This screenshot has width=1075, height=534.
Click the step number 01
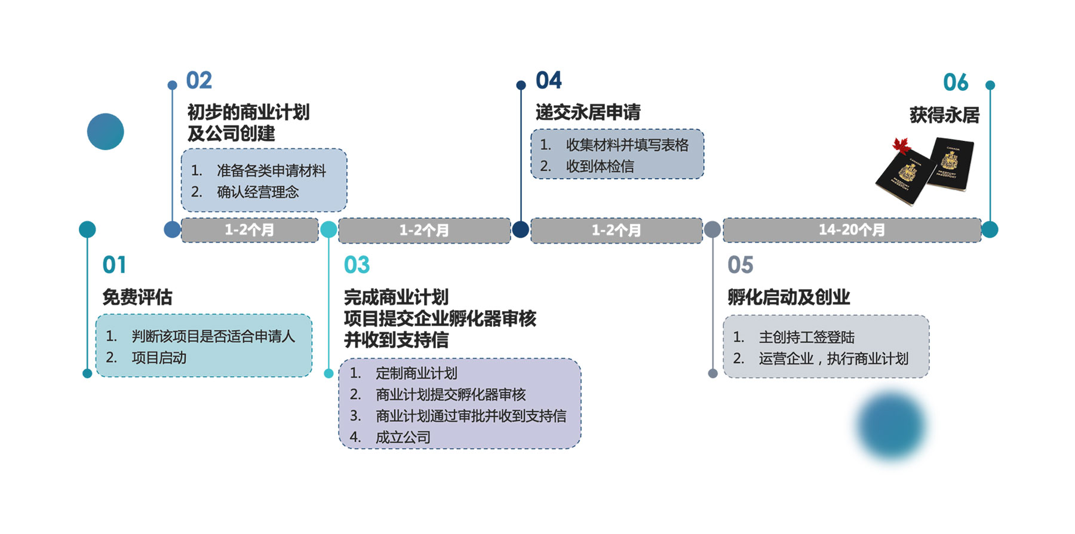114,265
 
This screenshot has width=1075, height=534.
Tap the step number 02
199,81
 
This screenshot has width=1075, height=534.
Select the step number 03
357,265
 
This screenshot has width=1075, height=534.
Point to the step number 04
548,81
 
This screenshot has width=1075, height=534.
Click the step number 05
740,265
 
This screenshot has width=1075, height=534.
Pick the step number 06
955,82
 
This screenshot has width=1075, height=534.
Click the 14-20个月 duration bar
852,230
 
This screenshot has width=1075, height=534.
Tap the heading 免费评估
137,297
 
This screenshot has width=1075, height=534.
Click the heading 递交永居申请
588,112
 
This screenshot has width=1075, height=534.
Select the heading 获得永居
944,115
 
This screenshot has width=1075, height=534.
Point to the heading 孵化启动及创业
788,297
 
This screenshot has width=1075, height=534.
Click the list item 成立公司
403,437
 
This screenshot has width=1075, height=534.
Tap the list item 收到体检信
600,167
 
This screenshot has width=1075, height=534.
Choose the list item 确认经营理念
257,192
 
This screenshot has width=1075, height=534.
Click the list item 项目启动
159,358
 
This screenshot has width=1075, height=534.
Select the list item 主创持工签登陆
806,337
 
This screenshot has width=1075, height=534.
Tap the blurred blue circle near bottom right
891,426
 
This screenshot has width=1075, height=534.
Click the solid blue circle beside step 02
105,131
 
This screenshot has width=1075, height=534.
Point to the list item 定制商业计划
416,373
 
